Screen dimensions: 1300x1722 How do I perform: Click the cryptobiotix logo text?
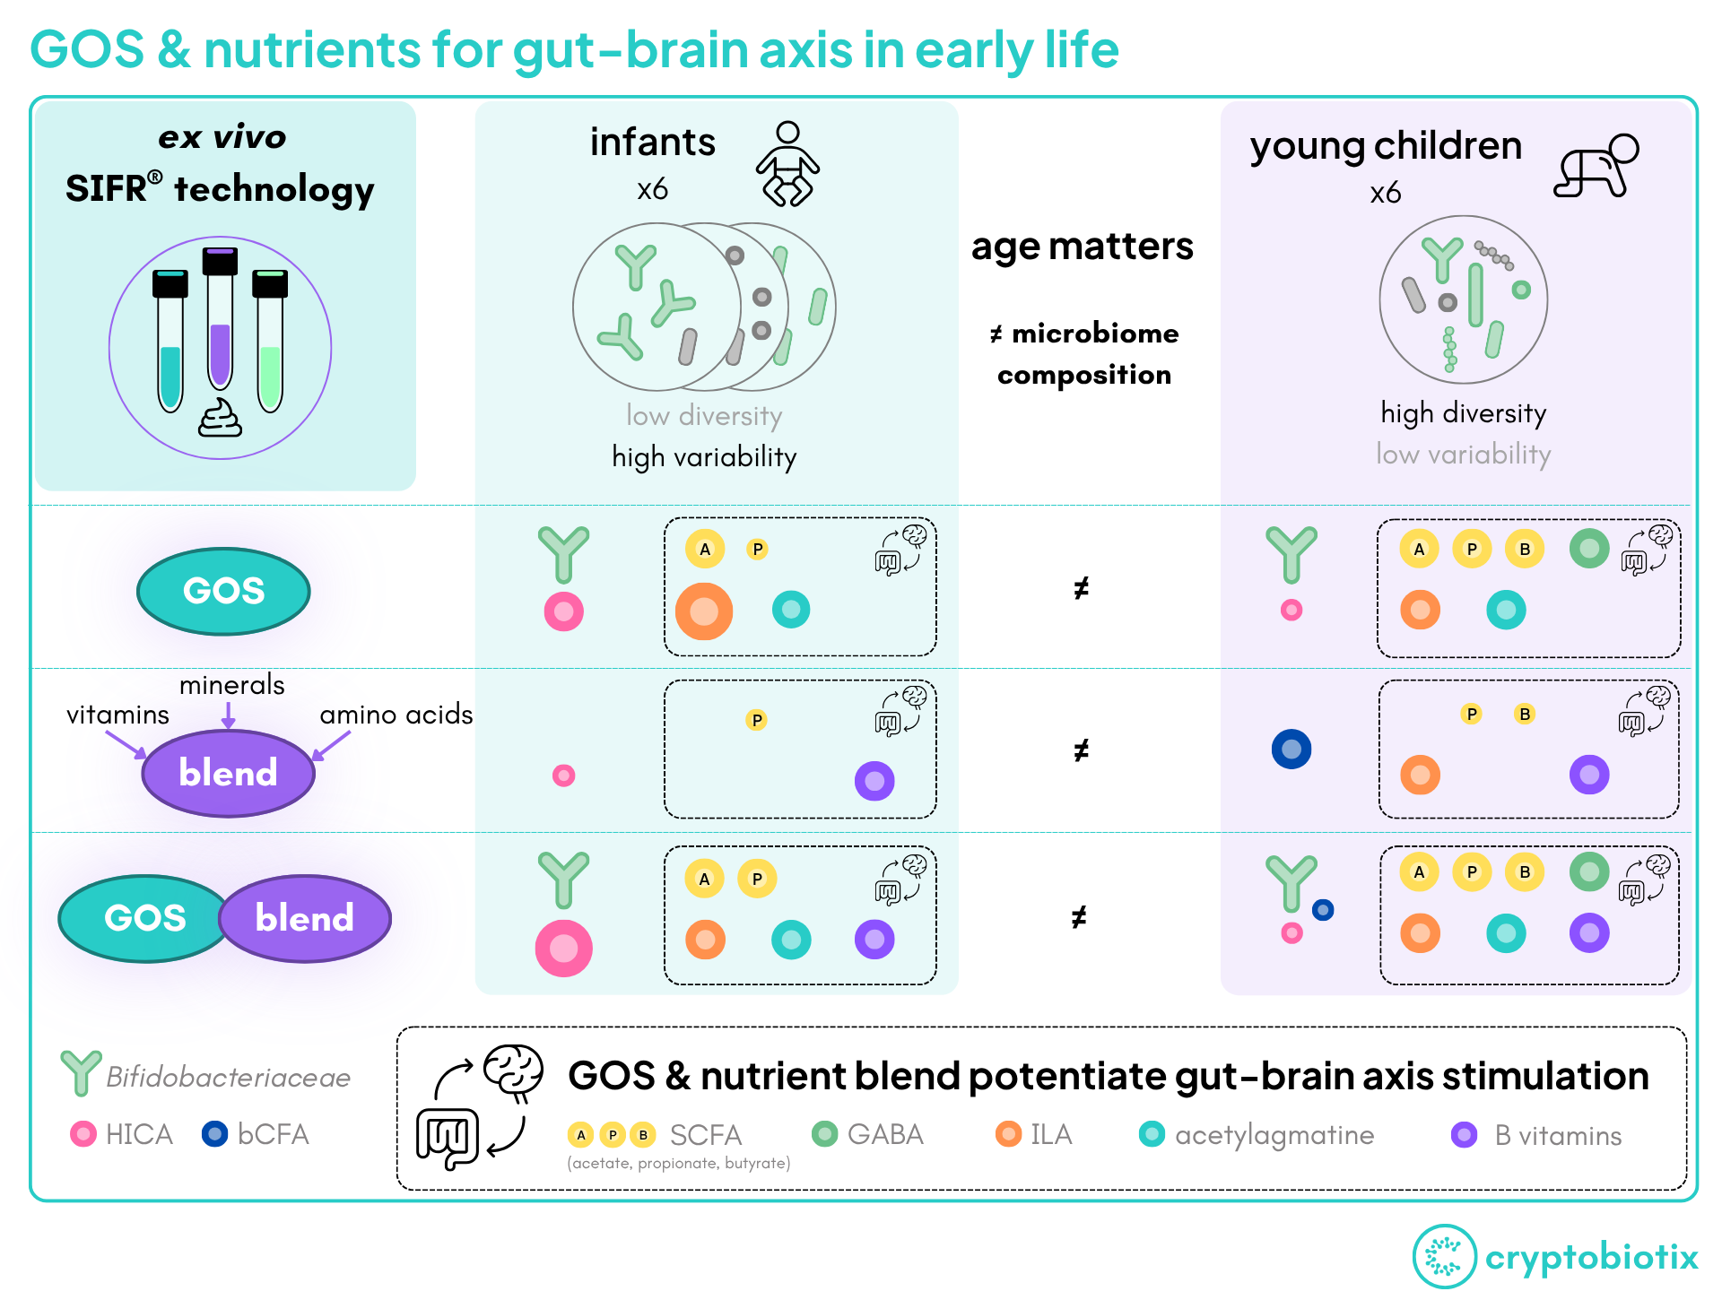pyautogui.click(x=1591, y=1257)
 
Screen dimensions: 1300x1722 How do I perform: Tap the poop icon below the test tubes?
pyautogui.click(x=220, y=419)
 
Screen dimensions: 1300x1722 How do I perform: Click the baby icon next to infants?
pyautogui.click(x=787, y=163)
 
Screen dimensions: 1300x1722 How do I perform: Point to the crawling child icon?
pyautogui.click(x=1596, y=165)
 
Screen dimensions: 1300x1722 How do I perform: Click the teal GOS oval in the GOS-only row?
pyautogui.click(x=223, y=591)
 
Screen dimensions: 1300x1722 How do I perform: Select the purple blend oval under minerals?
pyautogui.click(x=228, y=773)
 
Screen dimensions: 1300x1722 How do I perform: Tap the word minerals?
pyautogui.click(x=231, y=685)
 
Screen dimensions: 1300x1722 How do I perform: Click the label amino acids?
pyautogui.click(x=396, y=715)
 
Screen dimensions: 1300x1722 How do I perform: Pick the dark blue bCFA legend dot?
pyautogui.click(x=214, y=1134)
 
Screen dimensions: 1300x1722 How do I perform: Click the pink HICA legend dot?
pyautogui.click(x=83, y=1134)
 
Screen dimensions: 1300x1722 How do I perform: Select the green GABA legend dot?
pyautogui.click(x=824, y=1134)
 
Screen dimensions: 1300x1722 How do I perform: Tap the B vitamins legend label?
pyautogui.click(x=1558, y=1136)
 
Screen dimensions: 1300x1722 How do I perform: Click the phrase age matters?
pyautogui.click(x=1082, y=247)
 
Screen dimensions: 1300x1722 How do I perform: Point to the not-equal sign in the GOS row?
pyautogui.click(x=1082, y=588)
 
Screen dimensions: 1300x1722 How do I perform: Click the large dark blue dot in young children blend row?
pyautogui.click(x=1291, y=749)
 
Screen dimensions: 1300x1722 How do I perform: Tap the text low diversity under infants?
pyautogui.click(x=704, y=416)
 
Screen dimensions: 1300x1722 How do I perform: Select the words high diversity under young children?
pyautogui.click(x=1463, y=413)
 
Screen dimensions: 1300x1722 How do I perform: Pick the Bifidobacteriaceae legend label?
pyautogui.click(x=228, y=1077)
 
